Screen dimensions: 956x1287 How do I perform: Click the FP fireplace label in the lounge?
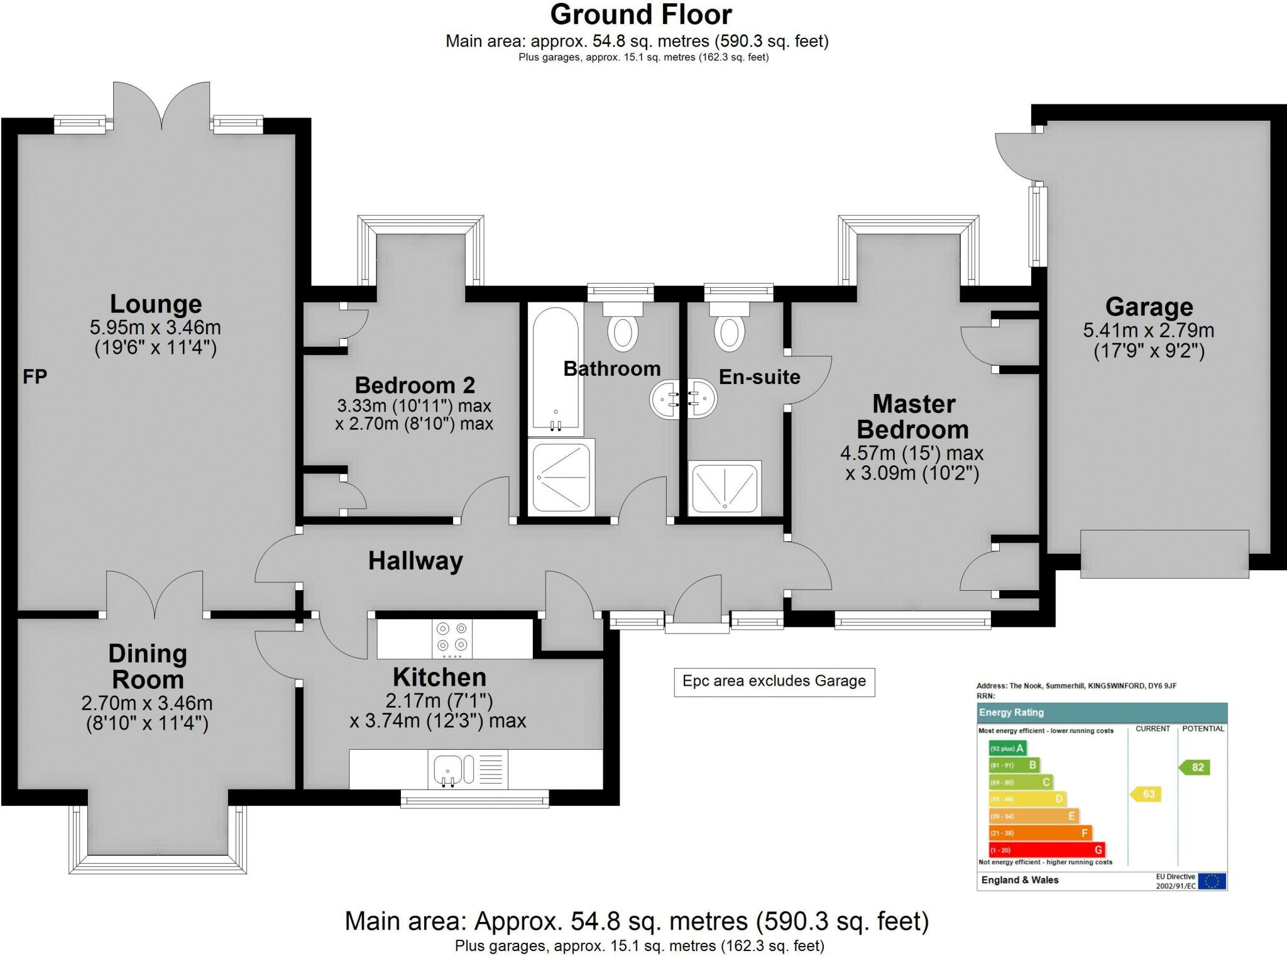point(35,376)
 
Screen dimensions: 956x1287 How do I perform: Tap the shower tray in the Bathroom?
point(561,476)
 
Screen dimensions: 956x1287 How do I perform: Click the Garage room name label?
point(1149,307)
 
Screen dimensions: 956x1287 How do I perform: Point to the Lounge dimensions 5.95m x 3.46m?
point(155,327)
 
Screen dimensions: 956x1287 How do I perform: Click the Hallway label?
point(415,561)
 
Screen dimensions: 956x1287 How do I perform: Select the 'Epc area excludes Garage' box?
point(774,681)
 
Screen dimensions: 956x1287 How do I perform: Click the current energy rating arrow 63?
point(1146,794)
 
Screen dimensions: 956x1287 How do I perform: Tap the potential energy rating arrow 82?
point(1195,767)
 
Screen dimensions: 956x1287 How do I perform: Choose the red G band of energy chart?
point(1046,850)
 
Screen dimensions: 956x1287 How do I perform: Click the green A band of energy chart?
point(1007,748)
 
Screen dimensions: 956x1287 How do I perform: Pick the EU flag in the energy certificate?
point(1212,881)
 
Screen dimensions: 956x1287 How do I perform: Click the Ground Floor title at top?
point(641,14)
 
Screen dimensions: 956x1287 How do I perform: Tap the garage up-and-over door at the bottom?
point(1164,554)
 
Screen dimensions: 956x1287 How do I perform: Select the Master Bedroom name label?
point(913,416)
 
